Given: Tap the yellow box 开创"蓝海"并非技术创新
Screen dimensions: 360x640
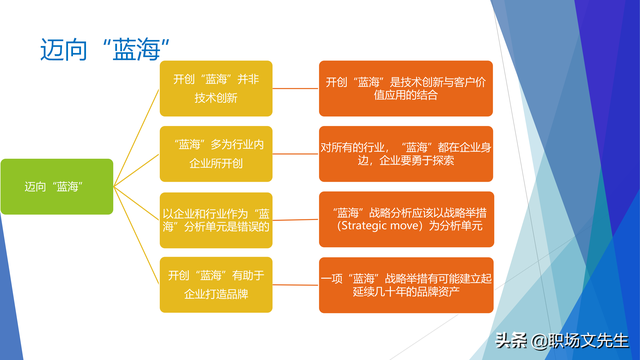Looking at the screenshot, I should [x=216, y=88].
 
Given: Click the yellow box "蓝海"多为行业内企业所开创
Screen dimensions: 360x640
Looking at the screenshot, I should [x=216, y=152].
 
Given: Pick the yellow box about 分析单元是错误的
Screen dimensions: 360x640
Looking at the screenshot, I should [x=216, y=220].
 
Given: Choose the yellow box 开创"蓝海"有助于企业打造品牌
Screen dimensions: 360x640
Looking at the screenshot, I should [x=216, y=284].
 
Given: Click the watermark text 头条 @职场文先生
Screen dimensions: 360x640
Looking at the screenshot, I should [x=554, y=340].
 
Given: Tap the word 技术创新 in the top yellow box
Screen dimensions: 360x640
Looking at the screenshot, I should [x=216, y=98].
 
